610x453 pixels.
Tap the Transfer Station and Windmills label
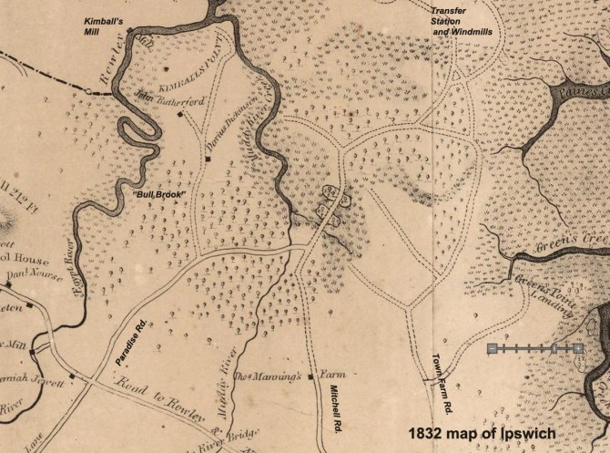pos(461,20)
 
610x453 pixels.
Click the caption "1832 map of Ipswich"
pos(481,432)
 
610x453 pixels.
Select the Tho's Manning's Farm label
pos(269,376)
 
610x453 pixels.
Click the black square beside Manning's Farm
pos(310,376)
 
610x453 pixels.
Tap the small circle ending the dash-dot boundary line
pos(87,91)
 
